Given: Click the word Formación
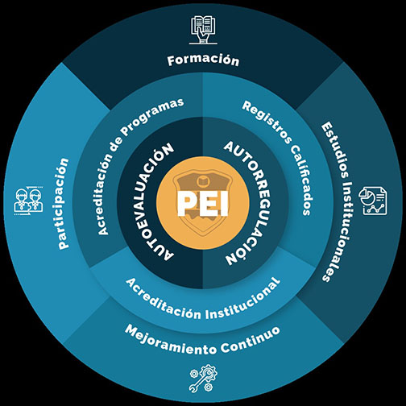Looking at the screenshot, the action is click(x=203, y=60).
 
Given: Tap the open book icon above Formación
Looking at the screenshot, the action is click(x=203, y=30).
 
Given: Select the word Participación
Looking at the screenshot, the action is click(x=64, y=204).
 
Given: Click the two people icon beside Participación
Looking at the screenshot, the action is click(x=28, y=200).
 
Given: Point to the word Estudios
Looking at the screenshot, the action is click(x=334, y=149).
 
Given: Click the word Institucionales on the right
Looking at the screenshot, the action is click(x=342, y=231).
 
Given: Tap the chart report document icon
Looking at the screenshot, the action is click(x=373, y=201).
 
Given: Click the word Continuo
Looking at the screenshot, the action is click(x=251, y=340).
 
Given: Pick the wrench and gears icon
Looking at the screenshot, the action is click(x=203, y=378).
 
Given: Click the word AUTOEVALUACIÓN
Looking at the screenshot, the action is click(x=151, y=202).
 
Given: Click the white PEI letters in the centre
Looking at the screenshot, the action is click(x=203, y=203).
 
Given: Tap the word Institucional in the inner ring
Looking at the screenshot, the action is click(x=244, y=300).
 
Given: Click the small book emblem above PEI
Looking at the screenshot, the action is click(x=203, y=181).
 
